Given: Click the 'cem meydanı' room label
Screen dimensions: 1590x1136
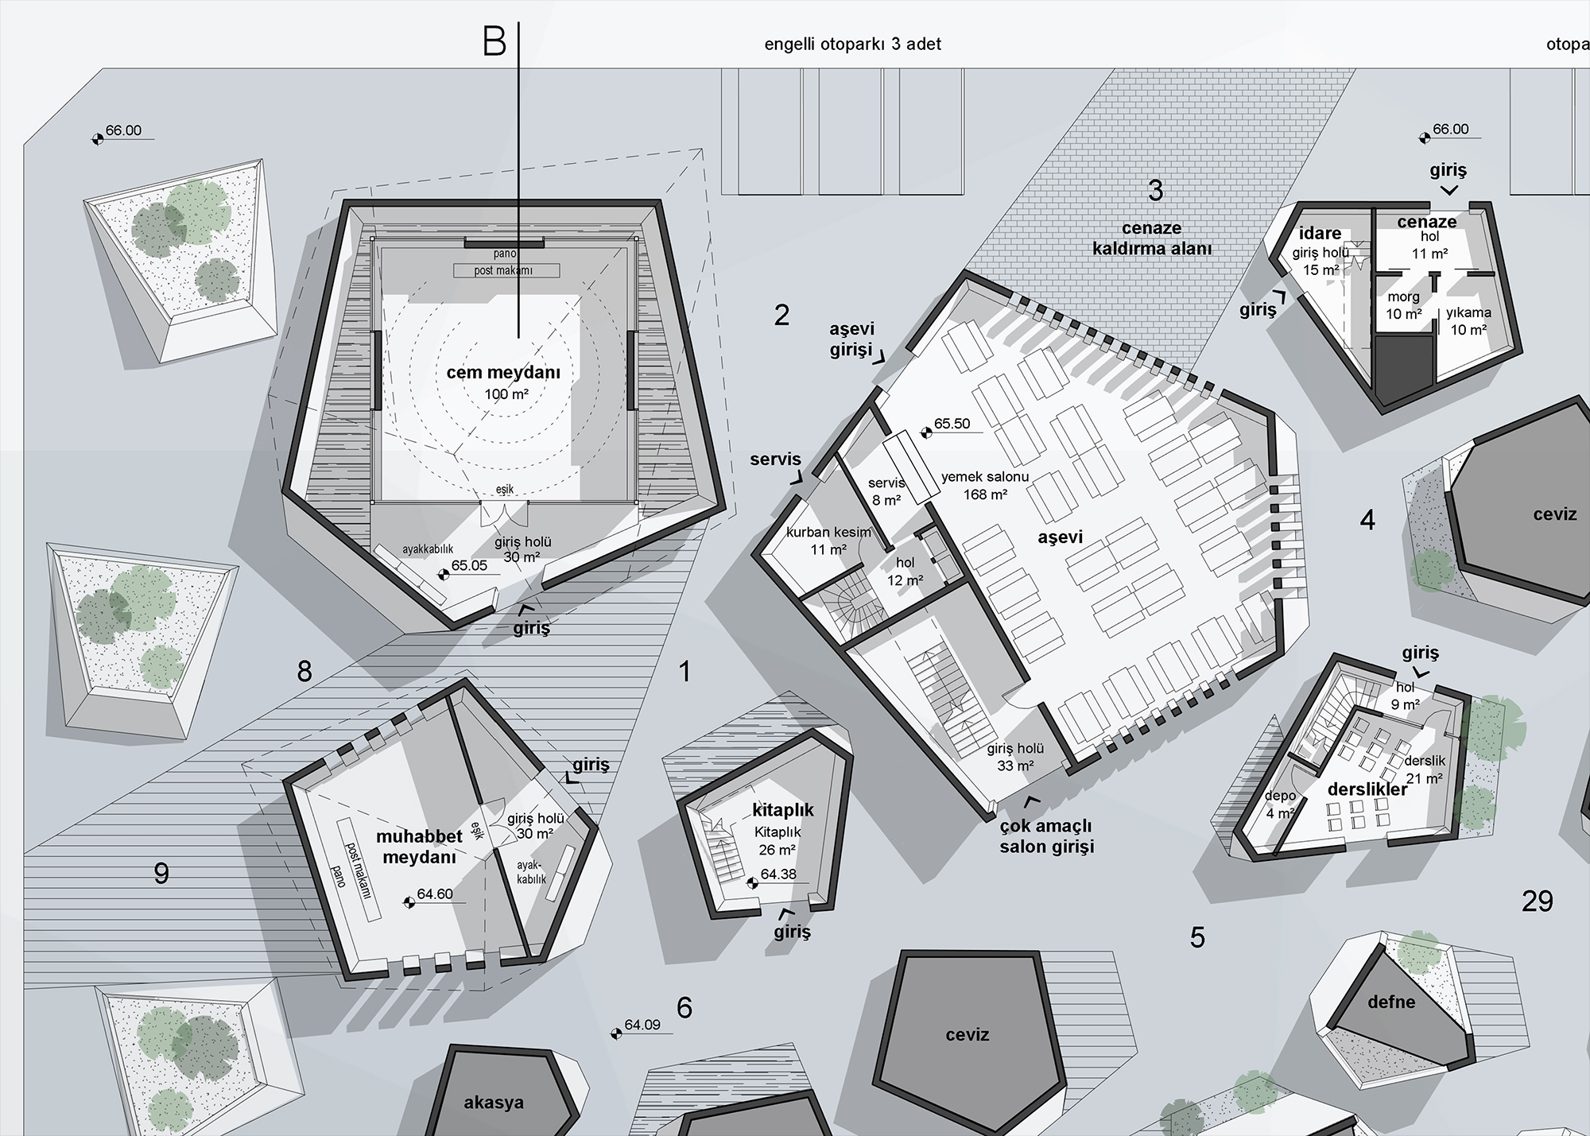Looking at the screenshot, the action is point(503,372).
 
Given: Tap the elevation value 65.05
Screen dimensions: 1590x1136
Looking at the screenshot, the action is point(469,566).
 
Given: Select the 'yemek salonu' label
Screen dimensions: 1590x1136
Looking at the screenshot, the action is point(985,477).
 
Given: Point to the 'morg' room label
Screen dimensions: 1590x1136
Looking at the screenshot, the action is point(1403,297).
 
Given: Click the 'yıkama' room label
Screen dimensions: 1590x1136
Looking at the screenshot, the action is point(1468,312).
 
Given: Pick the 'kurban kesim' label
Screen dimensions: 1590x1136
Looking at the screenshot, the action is point(829,533).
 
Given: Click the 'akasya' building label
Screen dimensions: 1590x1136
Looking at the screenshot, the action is point(494,1103).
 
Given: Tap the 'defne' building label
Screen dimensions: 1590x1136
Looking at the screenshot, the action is point(1391,1002).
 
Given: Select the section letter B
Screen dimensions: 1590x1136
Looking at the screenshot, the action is point(494,41).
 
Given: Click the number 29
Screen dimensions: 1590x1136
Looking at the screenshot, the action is point(1537,901).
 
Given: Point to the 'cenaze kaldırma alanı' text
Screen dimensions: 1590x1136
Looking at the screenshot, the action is point(1152,238).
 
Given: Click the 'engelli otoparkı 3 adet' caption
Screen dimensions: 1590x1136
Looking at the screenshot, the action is point(852,44).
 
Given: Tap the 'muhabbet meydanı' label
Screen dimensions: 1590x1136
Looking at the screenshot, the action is point(419,847).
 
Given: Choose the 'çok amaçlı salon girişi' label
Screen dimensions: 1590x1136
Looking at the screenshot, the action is point(1046,836).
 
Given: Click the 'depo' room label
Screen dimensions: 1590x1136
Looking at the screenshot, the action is point(1281,796).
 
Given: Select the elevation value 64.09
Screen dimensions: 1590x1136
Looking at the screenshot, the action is point(642,1025).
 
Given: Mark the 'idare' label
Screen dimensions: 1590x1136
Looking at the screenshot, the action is point(1320,233).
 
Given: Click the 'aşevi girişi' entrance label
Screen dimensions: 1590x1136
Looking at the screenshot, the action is point(851,339).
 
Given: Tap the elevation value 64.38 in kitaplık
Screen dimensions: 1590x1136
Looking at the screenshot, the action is point(778,874).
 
